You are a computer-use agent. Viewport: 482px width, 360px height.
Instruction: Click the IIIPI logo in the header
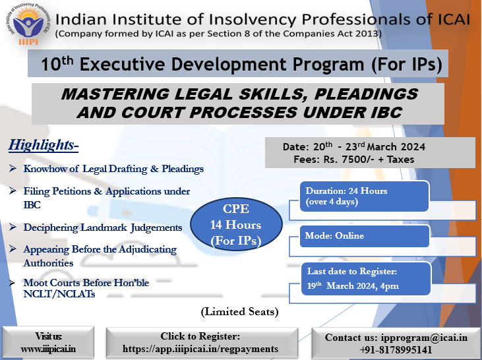click(x=28, y=24)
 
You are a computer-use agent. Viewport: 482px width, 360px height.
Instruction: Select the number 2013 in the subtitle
click(x=367, y=33)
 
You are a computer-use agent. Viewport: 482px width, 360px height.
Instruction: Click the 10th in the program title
click(x=57, y=63)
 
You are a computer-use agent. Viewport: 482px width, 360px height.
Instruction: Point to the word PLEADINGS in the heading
click(x=366, y=94)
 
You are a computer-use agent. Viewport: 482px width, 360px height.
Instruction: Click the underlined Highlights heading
click(x=44, y=145)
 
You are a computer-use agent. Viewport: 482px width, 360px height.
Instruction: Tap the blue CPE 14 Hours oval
click(x=236, y=224)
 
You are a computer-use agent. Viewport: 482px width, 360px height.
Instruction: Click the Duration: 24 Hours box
click(x=364, y=196)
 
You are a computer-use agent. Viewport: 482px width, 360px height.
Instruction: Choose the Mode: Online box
click(x=364, y=236)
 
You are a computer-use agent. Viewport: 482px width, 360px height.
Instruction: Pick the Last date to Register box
click(x=366, y=279)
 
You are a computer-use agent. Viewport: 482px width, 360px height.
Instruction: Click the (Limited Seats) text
click(x=240, y=312)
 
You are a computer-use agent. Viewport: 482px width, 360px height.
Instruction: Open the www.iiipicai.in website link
click(x=48, y=349)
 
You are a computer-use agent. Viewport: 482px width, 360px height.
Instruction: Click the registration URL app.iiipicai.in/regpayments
click(x=200, y=349)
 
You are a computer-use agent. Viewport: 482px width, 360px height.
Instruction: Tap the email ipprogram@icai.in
click(x=424, y=337)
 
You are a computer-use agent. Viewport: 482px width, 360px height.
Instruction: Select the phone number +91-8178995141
click(x=396, y=350)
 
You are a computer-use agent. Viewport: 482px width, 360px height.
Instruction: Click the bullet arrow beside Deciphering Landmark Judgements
click(x=13, y=227)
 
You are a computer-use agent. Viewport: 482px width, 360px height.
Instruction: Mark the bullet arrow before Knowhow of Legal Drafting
click(x=13, y=168)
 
